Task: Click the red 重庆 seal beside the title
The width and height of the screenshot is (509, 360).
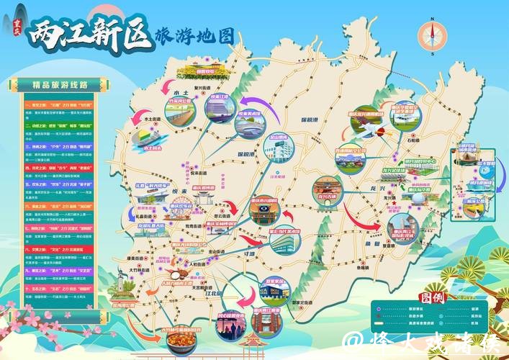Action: tap(15, 28)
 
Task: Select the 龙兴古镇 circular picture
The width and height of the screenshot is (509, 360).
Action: tap(326, 189)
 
